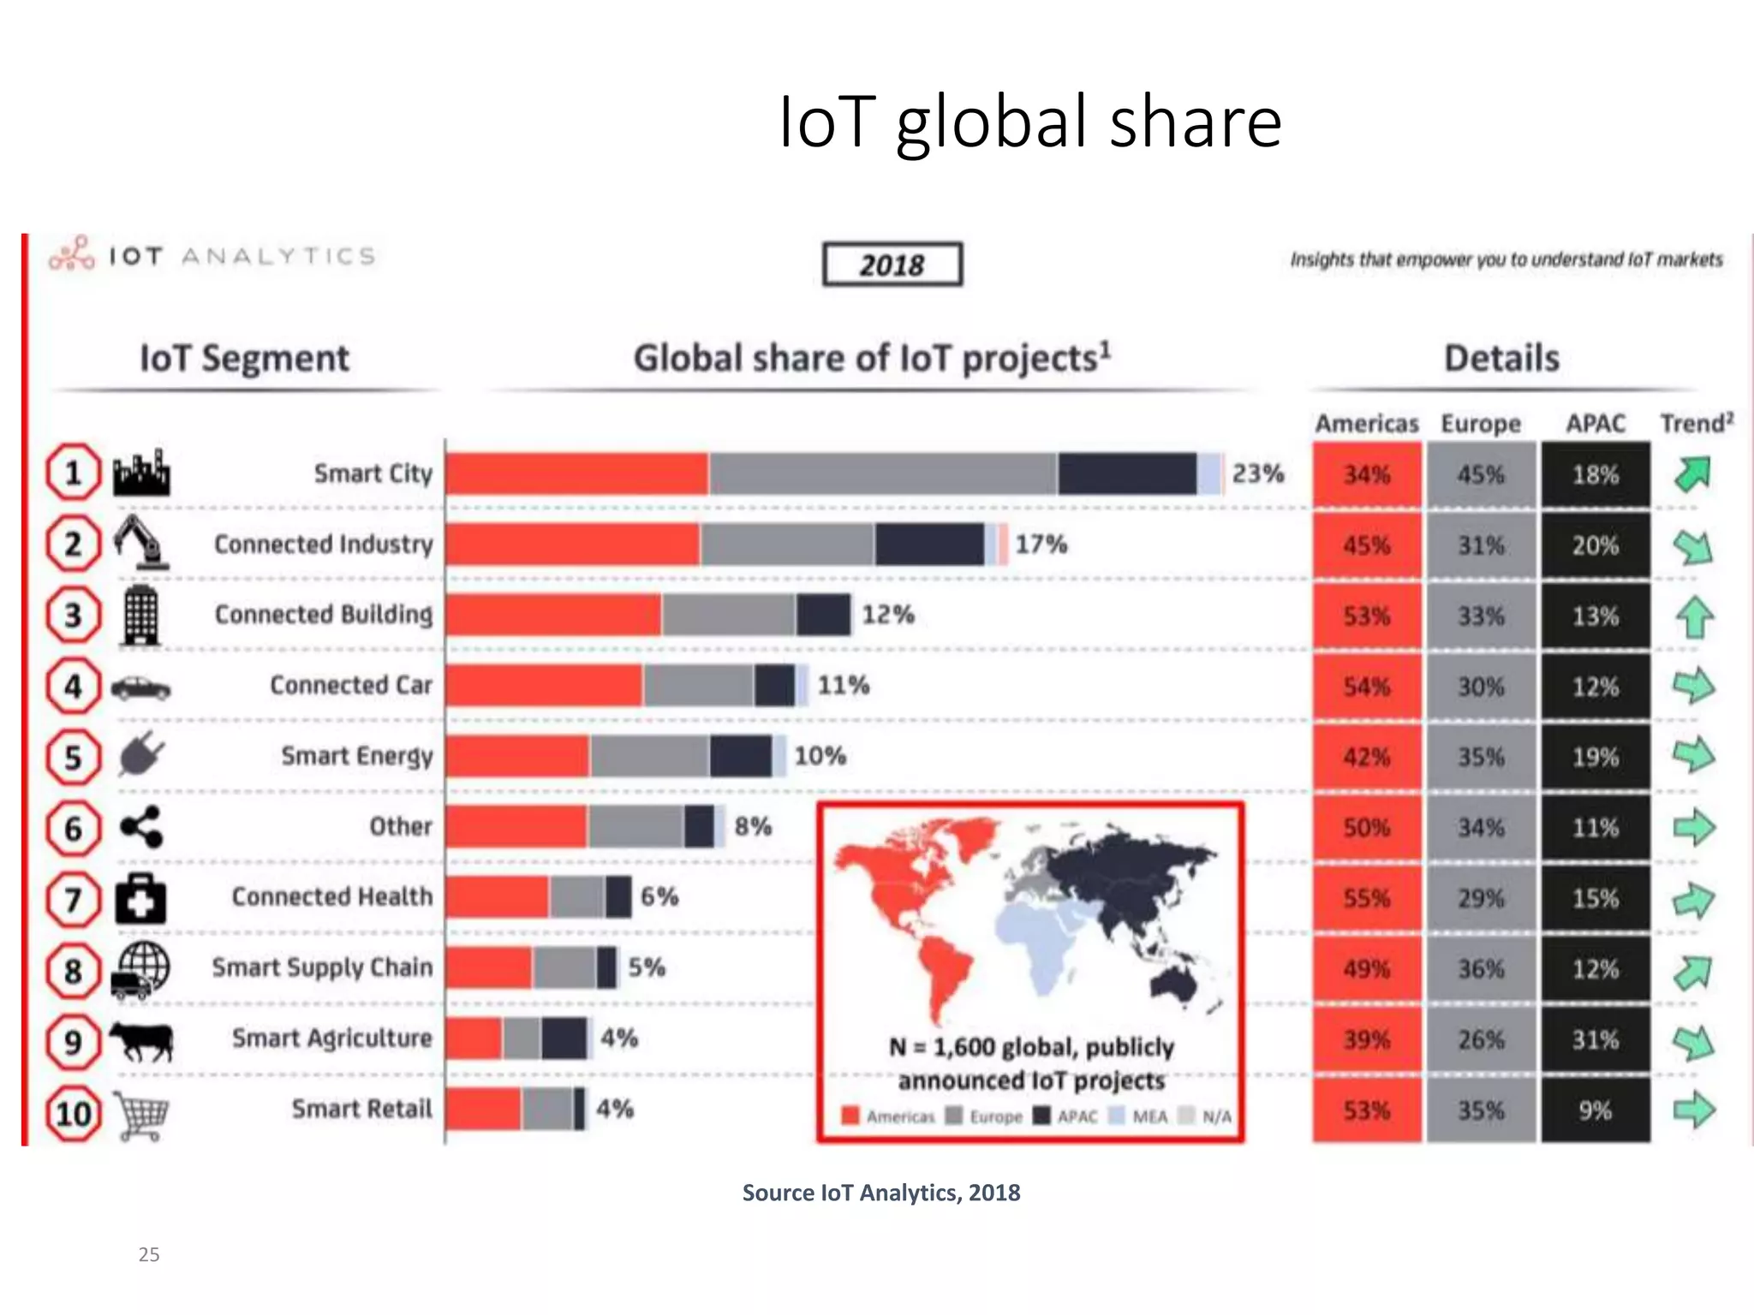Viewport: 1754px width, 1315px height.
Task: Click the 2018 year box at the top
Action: (892, 265)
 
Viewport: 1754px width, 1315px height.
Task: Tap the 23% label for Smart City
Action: (1257, 473)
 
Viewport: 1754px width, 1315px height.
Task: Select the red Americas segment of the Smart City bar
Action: (576, 473)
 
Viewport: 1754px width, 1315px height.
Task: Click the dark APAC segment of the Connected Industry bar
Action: (929, 544)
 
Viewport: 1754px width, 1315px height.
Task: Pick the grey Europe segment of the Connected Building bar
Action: (729, 615)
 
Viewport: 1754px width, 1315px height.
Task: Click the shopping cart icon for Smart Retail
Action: (141, 1116)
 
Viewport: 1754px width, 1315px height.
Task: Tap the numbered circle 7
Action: (74, 900)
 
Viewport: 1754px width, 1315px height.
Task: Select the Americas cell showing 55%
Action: (1366, 898)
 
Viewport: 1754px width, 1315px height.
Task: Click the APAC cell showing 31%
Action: (1595, 1039)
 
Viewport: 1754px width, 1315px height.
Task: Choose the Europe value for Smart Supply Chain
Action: (1481, 969)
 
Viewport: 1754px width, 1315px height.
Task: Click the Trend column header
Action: (1696, 423)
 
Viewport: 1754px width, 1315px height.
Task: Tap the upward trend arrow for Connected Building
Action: (1694, 616)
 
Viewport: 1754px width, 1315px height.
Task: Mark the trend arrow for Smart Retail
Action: (1694, 1110)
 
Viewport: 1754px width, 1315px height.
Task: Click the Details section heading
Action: (1501, 358)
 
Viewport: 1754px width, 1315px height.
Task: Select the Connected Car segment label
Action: (351, 685)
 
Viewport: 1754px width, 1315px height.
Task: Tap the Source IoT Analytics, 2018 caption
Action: (880, 1193)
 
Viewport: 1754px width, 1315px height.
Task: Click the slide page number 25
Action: (149, 1254)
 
